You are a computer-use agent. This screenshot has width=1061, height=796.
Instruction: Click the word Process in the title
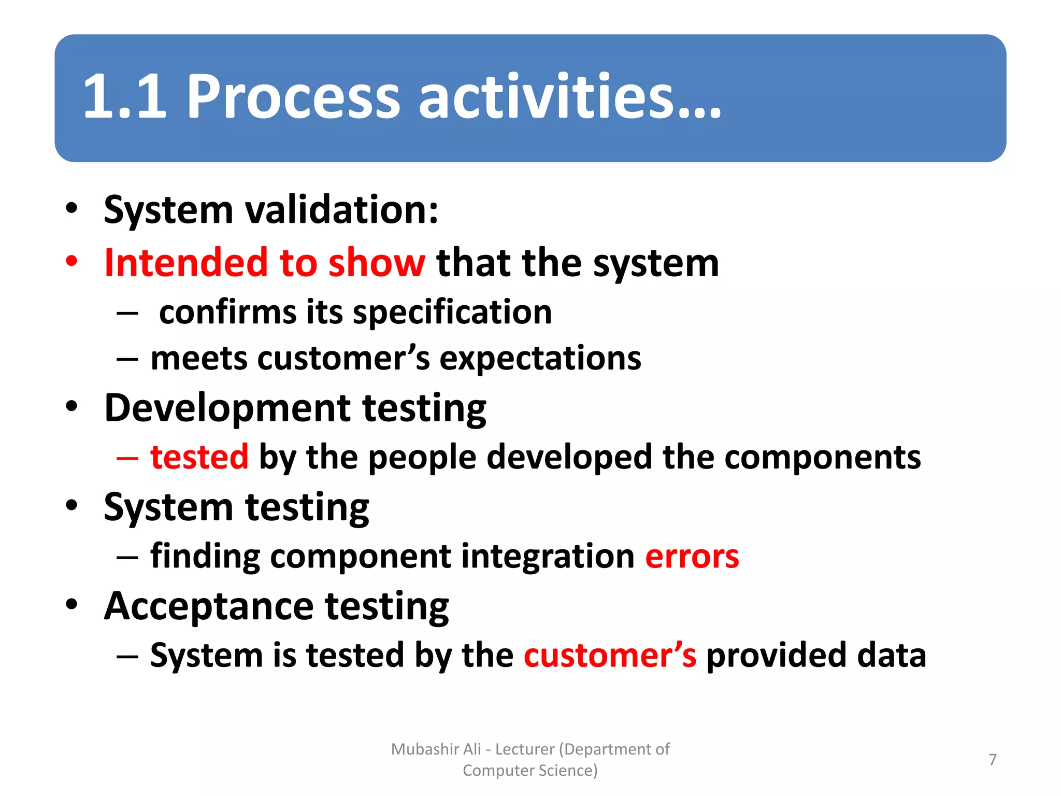[x=293, y=97]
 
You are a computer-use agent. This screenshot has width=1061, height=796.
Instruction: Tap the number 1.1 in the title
[x=125, y=97]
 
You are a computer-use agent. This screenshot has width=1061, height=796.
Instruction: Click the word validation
[x=341, y=210]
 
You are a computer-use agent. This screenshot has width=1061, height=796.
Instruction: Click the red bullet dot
[x=71, y=261]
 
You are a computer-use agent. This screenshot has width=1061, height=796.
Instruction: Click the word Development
[x=227, y=408]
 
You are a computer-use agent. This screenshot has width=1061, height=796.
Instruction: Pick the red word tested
[x=199, y=457]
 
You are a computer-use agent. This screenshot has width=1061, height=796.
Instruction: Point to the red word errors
[x=692, y=557]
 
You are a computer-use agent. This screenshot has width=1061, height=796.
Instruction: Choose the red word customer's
[x=610, y=656]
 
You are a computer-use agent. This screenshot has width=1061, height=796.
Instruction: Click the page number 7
[x=993, y=760]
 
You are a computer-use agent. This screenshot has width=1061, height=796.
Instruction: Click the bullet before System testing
[x=71, y=505]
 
